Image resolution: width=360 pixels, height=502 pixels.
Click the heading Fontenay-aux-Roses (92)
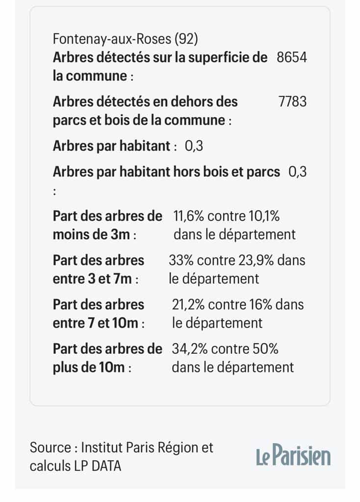click(x=126, y=39)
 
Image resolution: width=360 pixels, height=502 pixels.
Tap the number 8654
click(x=292, y=57)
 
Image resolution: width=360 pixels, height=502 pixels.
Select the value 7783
click(x=292, y=101)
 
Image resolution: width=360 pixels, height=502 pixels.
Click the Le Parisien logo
click(x=293, y=455)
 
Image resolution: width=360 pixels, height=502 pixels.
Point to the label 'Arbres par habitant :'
click(x=115, y=146)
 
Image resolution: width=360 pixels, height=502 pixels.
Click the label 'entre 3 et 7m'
click(x=92, y=279)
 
